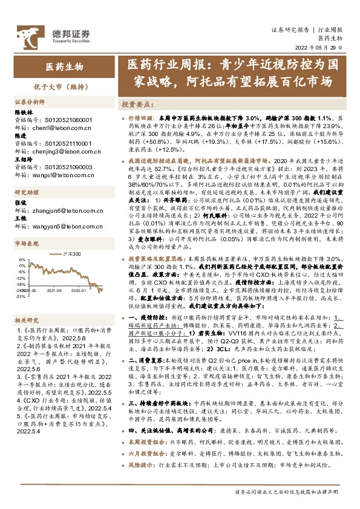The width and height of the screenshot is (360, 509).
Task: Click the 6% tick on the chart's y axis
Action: pyautogui.click(x=21, y=261)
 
